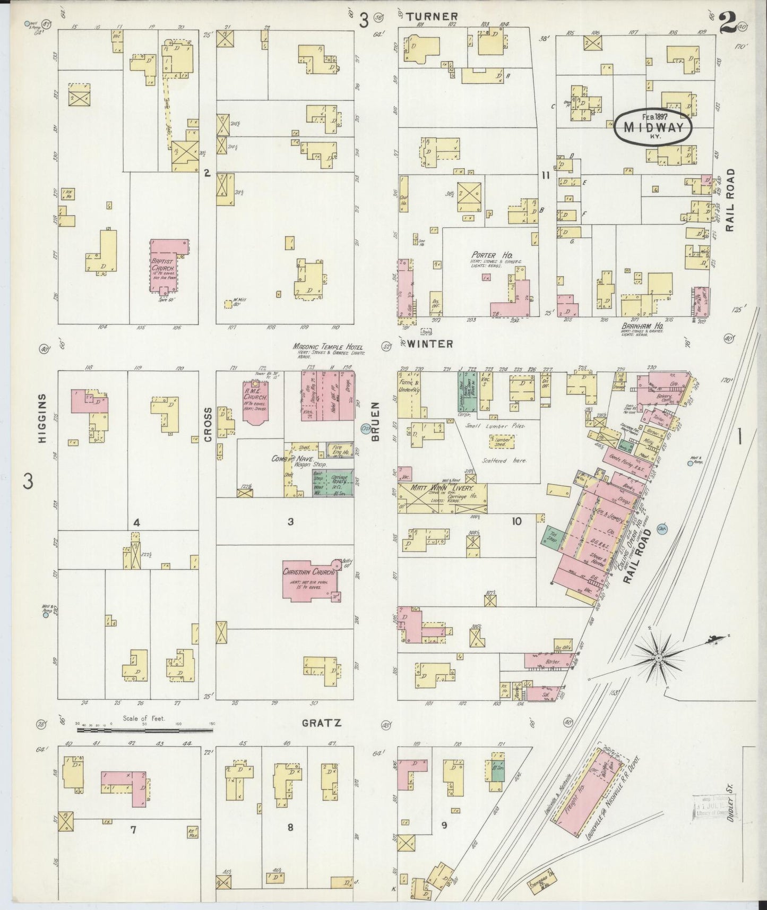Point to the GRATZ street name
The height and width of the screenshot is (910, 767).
click(x=321, y=723)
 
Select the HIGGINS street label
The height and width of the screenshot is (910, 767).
click(x=43, y=416)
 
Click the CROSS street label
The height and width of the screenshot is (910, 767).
click(x=208, y=424)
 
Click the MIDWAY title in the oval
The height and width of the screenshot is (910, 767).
click(x=653, y=127)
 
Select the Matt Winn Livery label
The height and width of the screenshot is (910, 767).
click(x=443, y=487)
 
